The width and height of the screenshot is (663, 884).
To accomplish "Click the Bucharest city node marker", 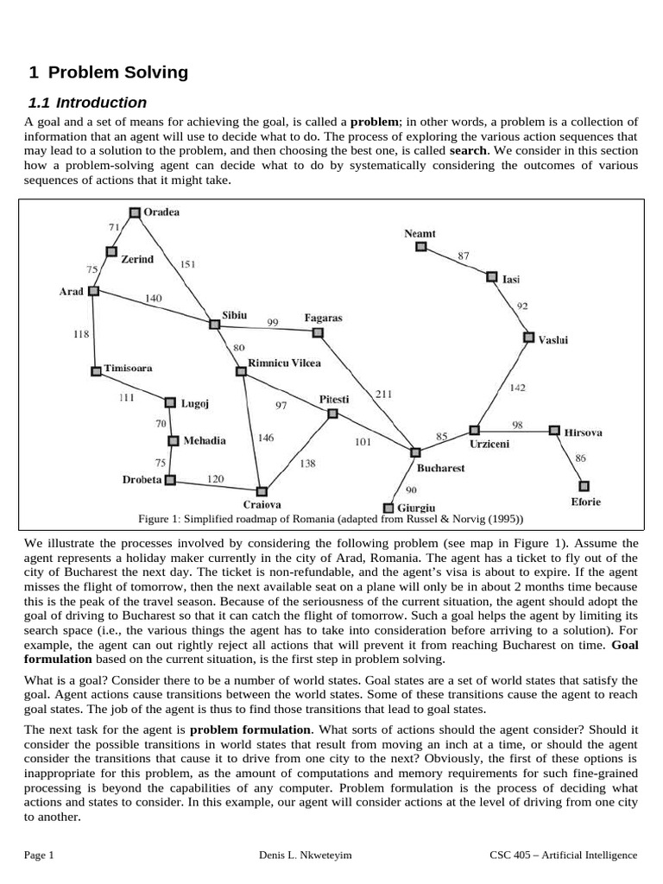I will (x=415, y=451).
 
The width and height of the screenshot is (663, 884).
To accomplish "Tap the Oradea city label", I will (x=162, y=212).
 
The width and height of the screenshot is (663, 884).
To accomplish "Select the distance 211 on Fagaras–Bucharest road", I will (x=383, y=395).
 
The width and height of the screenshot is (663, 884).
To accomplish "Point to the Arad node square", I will (x=94, y=291).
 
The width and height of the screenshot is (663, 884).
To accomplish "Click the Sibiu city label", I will (x=235, y=317).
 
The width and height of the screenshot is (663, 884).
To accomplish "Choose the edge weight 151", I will (x=187, y=263).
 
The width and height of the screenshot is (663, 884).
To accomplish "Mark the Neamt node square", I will (x=420, y=246).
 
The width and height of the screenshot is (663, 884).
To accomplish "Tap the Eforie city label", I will (x=586, y=502).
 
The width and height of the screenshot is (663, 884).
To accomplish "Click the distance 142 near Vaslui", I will (x=517, y=388).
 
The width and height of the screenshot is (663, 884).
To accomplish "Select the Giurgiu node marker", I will (x=388, y=508).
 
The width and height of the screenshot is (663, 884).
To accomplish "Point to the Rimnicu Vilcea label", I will (x=285, y=363).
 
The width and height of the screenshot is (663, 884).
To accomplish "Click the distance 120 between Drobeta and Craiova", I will (x=216, y=477).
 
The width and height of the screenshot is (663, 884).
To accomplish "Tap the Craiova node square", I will (x=262, y=490).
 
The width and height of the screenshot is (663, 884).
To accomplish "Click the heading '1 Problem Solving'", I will (x=108, y=73).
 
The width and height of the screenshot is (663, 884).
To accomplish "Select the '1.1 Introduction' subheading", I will (x=88, y=103).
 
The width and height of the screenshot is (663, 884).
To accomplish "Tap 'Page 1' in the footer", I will (x=40, y=856).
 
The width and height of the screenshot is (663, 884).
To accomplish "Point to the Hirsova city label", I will (x=583, y=433).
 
